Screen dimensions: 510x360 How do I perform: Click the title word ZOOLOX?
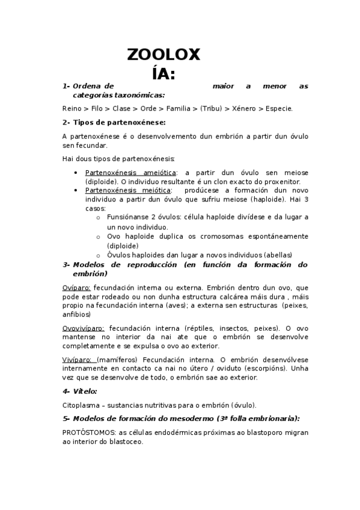[163, 55]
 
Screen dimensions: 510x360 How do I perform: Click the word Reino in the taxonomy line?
[72, 109]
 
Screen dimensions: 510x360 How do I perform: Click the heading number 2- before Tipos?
[66, 123]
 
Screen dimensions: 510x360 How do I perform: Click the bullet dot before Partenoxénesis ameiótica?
[75, 173]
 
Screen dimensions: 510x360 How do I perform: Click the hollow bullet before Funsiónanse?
[98, 217]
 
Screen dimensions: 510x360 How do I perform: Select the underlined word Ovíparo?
[76, 288]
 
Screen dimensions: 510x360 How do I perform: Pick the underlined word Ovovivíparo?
[84, 328]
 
